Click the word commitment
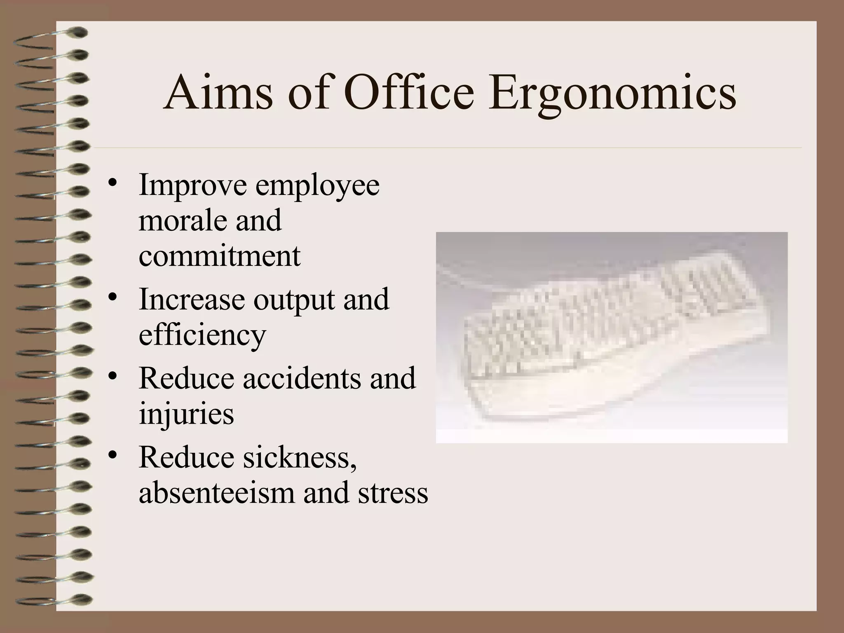click(220, 256)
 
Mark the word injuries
click(186, 415)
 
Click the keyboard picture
click(612, 338)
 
